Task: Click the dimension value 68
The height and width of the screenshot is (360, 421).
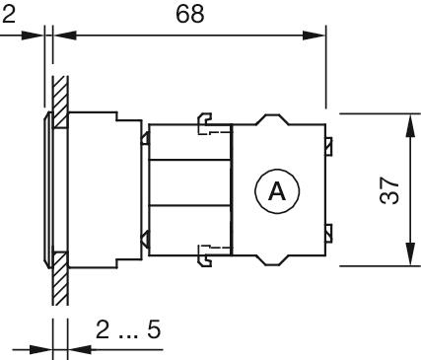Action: coord(189,14)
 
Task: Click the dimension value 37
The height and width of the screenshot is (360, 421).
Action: coord(389,190)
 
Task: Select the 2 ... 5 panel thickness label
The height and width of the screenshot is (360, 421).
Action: coord(128,329)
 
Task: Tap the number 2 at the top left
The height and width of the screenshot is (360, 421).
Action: coord(8,14)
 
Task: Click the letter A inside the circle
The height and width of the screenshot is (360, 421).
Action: coord(277,191)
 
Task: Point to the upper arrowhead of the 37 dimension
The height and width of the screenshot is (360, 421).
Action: coord(409,125)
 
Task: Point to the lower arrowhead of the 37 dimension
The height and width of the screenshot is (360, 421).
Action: coord(409,253)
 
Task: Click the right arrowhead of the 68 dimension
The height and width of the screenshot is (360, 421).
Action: coord(314,36)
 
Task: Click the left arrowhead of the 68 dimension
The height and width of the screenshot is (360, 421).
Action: coord(65,36)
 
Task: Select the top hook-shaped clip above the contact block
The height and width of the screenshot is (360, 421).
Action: coord(204,123)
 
